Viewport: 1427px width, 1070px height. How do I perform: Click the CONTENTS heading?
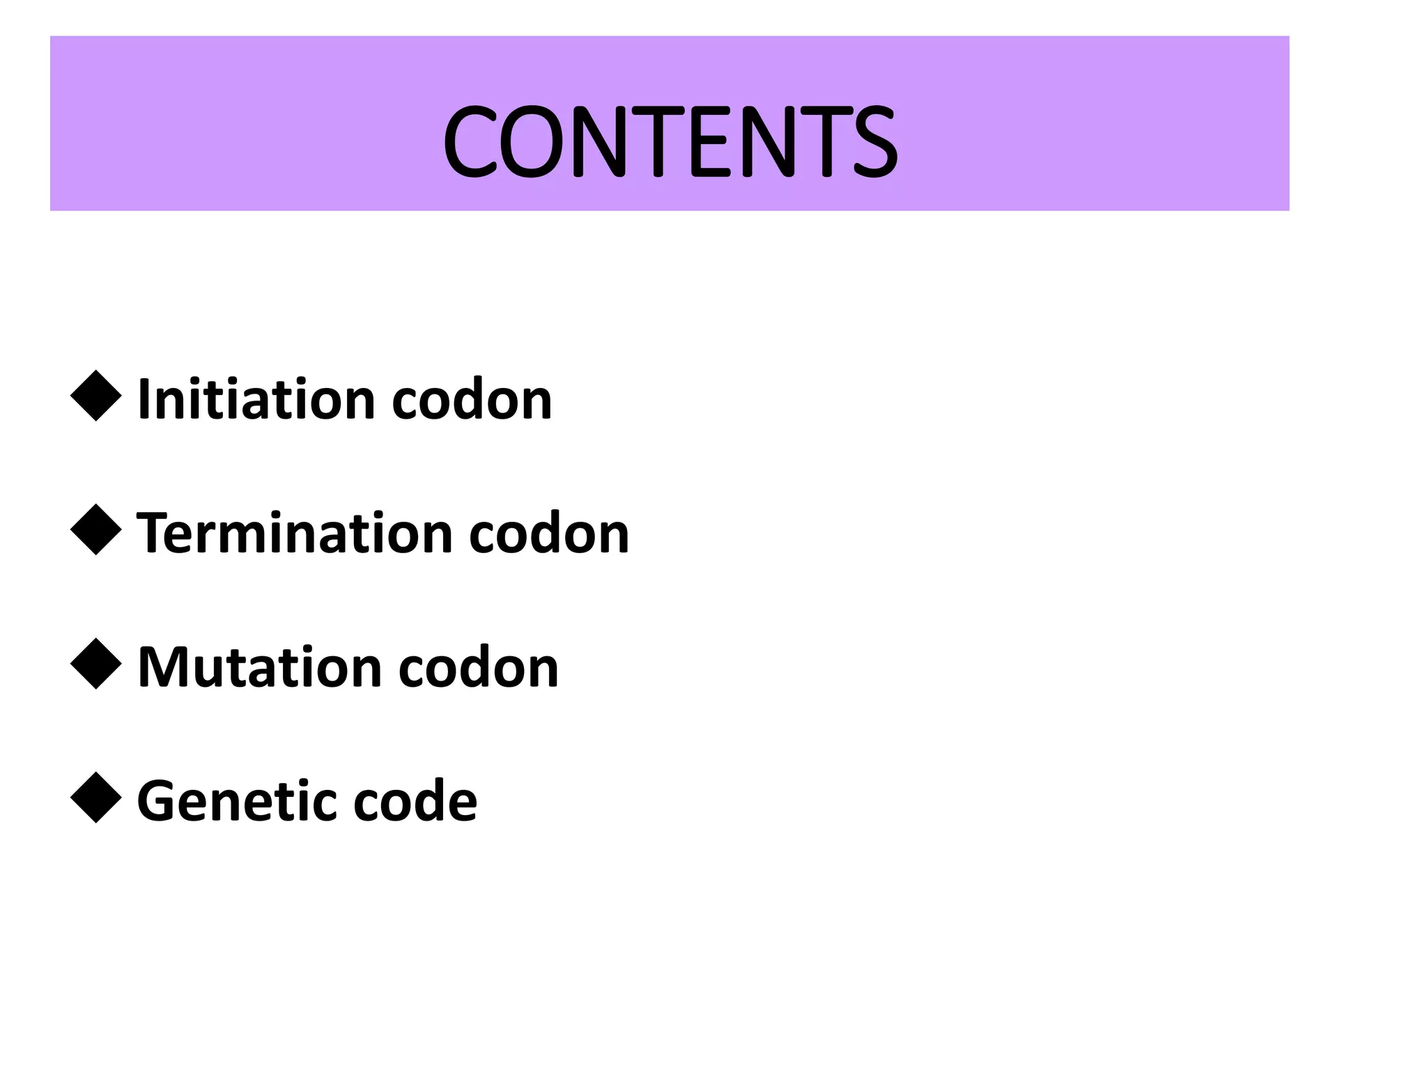(670, 141)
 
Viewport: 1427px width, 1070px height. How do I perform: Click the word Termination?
(295, 534)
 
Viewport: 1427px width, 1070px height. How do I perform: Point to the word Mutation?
(260, 667)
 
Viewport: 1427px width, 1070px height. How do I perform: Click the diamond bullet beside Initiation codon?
(96, 396)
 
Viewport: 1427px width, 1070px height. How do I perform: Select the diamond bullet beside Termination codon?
(96, 529)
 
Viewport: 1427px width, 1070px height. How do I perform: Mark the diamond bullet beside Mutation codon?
(96, 664)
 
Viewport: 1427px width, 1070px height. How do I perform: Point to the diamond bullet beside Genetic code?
(96, 798)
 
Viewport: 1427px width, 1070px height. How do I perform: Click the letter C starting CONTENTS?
(469, 141)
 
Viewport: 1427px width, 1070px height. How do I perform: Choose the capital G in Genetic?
(159, 801)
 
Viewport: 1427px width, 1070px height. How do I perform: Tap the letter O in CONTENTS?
(534, 141)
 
